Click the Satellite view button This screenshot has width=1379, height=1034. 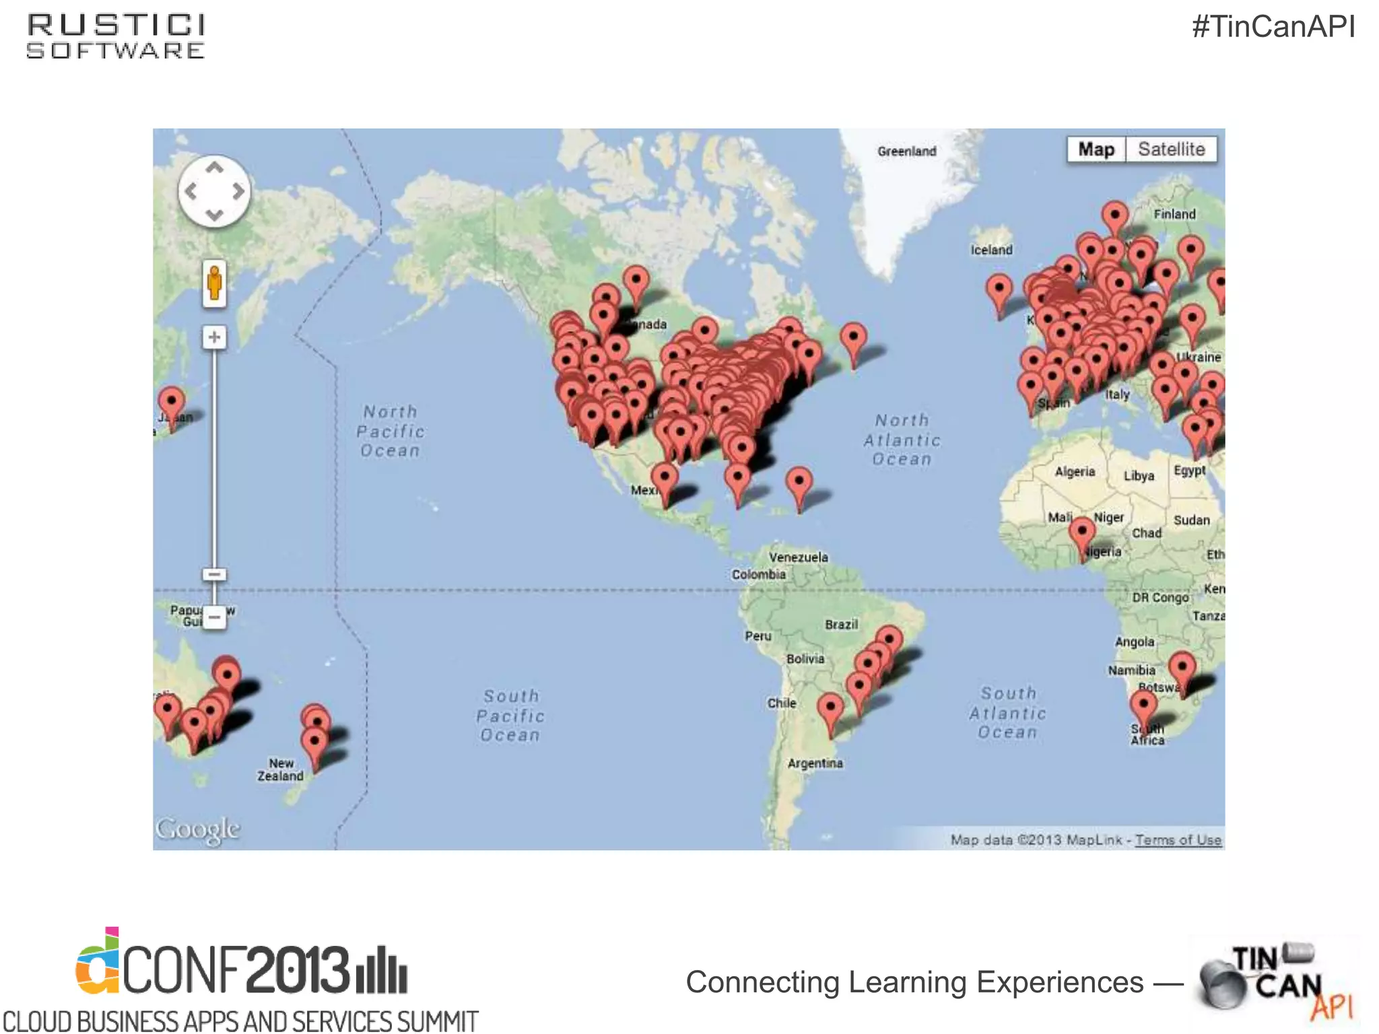[x=1171, y=149]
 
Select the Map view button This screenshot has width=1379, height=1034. [x=1096, y=149]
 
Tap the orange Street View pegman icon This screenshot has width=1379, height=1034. [x=214, y=282]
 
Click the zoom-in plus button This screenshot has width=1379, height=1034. [x=214, y=337]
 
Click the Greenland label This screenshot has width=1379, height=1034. [x=906, y=151]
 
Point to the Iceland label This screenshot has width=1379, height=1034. [x=991, y=250]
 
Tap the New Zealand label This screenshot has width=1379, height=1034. [x=280, y=769]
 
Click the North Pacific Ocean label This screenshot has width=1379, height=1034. [x=391, y=431]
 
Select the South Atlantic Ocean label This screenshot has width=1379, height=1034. [x=1008, y=712]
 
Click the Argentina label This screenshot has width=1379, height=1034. [x=815, y=763]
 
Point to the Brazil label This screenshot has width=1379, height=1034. [x=841, y=625]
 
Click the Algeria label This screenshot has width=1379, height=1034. [x=1075, y=472]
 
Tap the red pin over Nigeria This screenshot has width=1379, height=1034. [x=1082, y=533]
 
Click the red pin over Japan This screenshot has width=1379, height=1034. [x=171, y=403]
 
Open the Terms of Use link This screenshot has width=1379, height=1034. [x=1178, y=839]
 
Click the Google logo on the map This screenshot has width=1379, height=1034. [x=197, y=829]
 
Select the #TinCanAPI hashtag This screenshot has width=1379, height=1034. [x=1273, y=27]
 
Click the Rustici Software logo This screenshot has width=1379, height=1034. [x=116, y=37]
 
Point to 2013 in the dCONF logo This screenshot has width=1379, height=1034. [x=297, y=969]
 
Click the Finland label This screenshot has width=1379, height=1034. [x=1174, y=214]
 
